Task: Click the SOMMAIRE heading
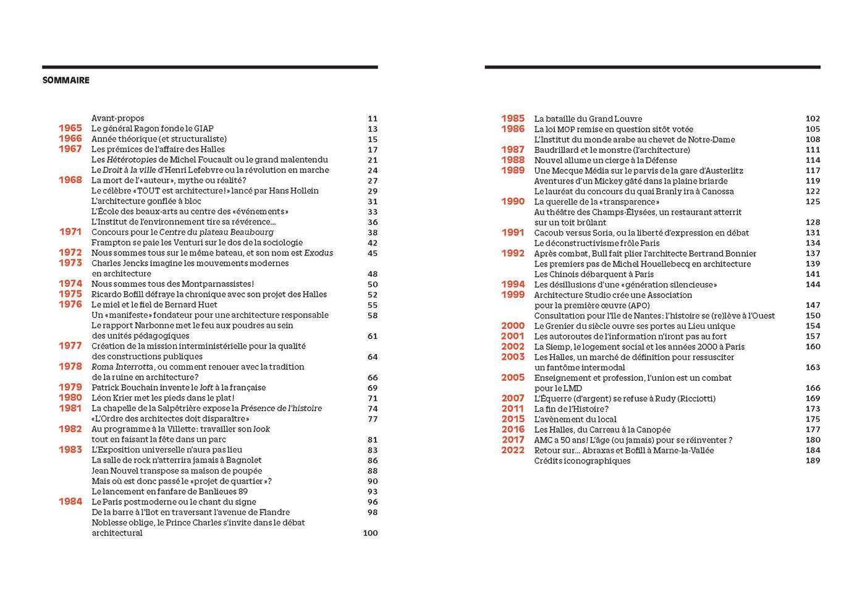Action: point(66,80)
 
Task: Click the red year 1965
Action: point(70,129)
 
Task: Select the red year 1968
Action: point(70,180)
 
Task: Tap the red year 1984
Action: point(70,501)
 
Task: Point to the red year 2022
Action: point(513,450)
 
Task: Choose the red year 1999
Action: point(513,295)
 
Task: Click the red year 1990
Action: point(513,202)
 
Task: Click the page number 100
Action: point(370,533)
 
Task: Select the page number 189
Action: point(812,461)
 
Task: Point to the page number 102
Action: point(812,119)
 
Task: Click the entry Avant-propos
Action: point(118,118)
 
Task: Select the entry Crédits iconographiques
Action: point(582,461)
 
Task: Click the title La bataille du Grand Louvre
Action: point(588,119)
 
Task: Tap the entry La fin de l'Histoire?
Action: point(572,409)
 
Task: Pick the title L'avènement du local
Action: point(574,419)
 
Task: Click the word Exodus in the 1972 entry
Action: point(319,253)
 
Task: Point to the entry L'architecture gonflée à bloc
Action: point(146,201)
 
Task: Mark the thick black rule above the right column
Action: point(652,67)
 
